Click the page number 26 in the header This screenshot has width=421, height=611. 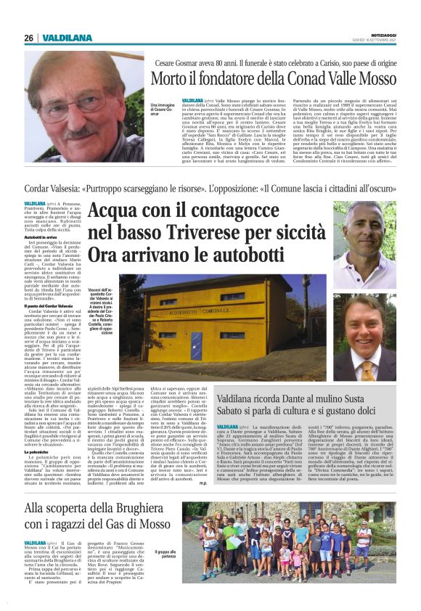click(x=28, y=38)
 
